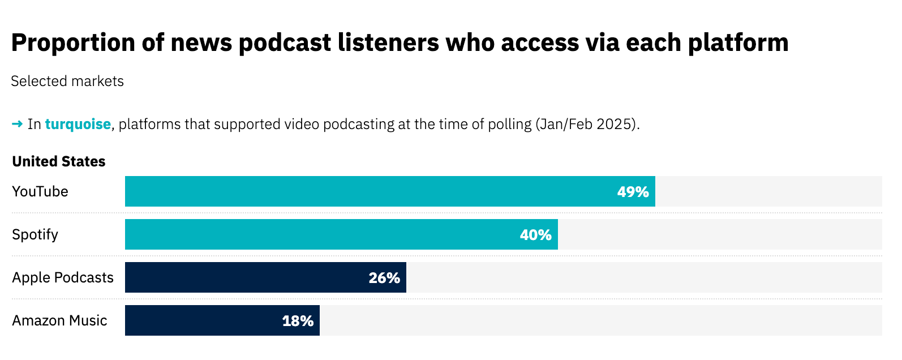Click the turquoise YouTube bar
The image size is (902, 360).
tap(390, 191)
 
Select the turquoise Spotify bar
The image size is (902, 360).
tap(341, 234)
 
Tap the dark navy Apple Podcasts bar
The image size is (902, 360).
tap(266, 277)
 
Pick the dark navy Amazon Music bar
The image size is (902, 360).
tap(222, 320)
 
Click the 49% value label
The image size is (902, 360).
tap(633, 192)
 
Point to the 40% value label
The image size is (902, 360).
tap(535, 235)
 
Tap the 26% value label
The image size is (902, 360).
tap(384, 278)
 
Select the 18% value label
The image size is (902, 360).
tap(298, 322)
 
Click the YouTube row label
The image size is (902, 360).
tap(40, 192)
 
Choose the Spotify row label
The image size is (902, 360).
tap(35, 235)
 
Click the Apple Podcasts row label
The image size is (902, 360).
tap(63, 278)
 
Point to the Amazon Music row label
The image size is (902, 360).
tap(59, 321)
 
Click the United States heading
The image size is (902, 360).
tap(59, 161)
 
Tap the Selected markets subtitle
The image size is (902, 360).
tap(67, 82)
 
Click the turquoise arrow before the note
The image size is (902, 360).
tap(18, 124)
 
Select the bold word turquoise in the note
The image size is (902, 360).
tap(78, 125)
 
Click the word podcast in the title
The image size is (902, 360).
tap(285, 43)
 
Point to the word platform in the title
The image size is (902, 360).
tap(738, 43)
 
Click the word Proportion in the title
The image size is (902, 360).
tap(73, 43)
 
